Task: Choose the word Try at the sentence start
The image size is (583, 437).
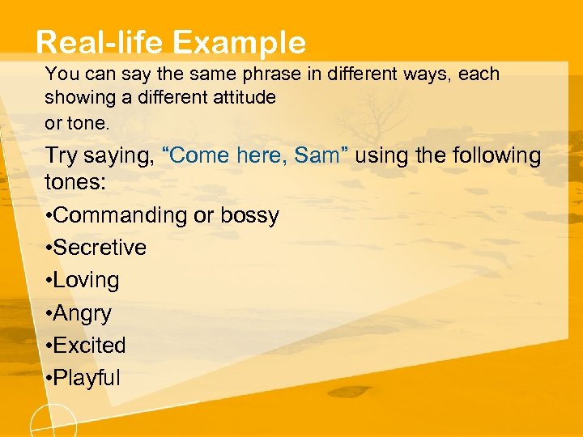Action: pyautogui.click(x=62, y=155)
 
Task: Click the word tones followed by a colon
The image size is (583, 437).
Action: pyautogui.click(x=75, y=181)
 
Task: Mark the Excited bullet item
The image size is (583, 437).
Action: pyautogui.click(x=89, y=345)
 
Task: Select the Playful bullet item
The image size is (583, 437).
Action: pyautogui.click(x=87, y=377)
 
